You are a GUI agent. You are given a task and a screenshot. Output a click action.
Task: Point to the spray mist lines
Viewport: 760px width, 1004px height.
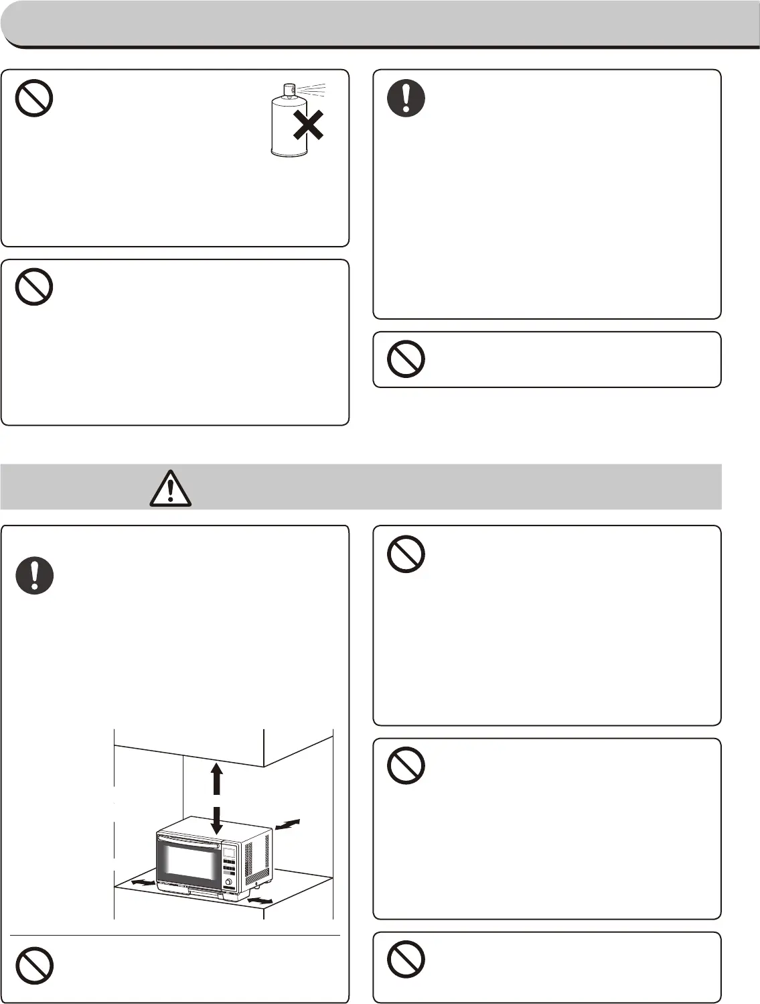coord(313,89)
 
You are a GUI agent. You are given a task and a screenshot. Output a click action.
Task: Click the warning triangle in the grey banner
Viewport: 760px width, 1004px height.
coord(171,487)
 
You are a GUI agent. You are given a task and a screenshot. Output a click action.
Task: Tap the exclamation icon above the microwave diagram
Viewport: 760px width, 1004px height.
coord(34,576)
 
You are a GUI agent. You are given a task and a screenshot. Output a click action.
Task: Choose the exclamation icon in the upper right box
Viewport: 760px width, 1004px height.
coord(406,99)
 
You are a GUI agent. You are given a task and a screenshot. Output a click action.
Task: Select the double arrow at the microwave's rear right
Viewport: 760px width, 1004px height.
coord(288,825)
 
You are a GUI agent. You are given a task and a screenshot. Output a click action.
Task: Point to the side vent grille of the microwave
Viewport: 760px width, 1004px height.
coord(256,857)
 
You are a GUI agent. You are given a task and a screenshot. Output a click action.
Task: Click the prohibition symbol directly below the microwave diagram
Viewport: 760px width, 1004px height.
coord(34,966)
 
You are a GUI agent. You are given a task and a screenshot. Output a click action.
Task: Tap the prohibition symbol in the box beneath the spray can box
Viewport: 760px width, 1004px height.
coord(34,287)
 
